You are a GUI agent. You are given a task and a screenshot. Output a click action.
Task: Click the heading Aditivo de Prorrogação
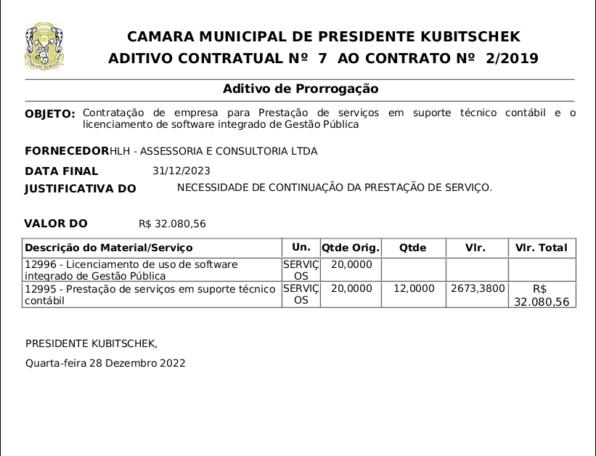pos(301,89)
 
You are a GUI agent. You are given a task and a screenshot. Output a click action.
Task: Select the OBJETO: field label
pos(50,114)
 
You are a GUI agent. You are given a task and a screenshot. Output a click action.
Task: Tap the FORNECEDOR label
pos(66,151)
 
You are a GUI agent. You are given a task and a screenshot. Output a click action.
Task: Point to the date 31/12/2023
pos(181,171)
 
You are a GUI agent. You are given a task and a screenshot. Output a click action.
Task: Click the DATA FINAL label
pos(62,171)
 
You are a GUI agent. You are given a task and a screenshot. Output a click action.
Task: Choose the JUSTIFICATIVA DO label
pos(81,189)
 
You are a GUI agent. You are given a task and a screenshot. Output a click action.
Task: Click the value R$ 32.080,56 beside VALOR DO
pos(172,224)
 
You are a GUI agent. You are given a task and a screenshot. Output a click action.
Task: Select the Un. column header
pos(301,247)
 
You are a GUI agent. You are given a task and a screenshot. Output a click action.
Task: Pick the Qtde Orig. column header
pos(351,248)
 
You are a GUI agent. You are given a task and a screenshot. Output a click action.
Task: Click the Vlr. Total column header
pos(542,248)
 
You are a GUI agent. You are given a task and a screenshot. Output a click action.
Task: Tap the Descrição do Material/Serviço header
pos(109,248)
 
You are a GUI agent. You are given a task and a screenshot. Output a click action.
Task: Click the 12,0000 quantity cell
pos(414,289)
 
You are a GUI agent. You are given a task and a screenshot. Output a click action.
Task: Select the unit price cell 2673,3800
pos(478,289)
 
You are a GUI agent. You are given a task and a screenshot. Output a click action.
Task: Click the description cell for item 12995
pos(150,295)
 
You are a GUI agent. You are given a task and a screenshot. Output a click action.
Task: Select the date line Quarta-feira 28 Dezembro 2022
pos(105,363)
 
